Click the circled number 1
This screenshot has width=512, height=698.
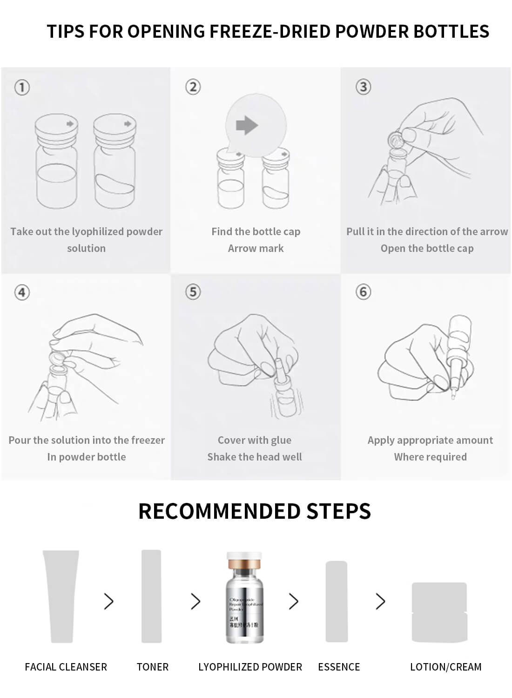pyautogui.click(x=22, y=88)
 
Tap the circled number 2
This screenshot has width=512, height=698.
pyautogui.click(x=193, y=87)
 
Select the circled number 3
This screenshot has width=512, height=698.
pyautogui.click(x=363, y=87)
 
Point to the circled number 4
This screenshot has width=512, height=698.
pyautogui.click(x=22, y=292)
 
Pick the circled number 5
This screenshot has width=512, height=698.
pyautogui.click(x=193, y=292)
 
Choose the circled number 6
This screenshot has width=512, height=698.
pyautogui.click(x=363, y=292)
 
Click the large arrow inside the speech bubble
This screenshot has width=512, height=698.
pyautogui.click(x=247, y=125)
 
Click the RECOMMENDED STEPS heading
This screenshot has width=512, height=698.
pyautogui.click(x=255, y=511)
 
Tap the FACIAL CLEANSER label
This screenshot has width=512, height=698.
pyautogui.click(x=66, y=667)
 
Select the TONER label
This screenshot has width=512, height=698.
pyautogui.click(x=152, y=667)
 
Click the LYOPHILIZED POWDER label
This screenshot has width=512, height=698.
pyautogui.click(x=250, y=667)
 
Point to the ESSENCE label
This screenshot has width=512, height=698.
pyautogui.click(x=339, y=667)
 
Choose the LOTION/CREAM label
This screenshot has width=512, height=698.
pyautogui.click(x=445, y=667)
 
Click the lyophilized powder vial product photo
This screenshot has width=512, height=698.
pyautogui.click(x=244, y=598)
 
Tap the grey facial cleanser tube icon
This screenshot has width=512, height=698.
pyautogui.click(x=61, y=596)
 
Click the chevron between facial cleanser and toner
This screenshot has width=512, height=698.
pyautogui.click(x=109, y=601)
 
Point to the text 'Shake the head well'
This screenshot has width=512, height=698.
pyautogui.click(x=255, y=457)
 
